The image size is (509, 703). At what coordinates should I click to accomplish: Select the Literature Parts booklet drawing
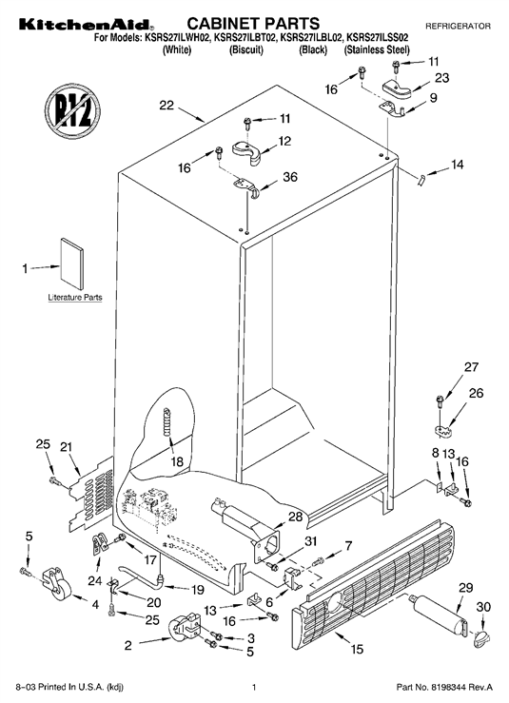tap(71, 264)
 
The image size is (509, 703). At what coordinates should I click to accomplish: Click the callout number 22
tap(166, 106)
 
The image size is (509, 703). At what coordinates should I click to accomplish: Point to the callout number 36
tap(290, 177)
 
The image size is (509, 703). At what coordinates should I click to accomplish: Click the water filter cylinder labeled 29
tap(439, 615)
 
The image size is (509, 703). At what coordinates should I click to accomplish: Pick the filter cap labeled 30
tap(481, 638)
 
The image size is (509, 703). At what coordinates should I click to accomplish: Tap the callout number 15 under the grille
tap(357, 649)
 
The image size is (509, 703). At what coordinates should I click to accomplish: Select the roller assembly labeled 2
tap(185, 626)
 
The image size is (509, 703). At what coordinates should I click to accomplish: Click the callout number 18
tap(177, 460)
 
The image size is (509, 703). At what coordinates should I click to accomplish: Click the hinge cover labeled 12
tap(247, 151)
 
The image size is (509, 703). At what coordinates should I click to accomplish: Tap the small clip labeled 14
tap(421, 180)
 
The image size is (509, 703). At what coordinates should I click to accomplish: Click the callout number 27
tap(471, 367)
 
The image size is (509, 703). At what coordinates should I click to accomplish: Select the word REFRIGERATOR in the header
tap(458, 27)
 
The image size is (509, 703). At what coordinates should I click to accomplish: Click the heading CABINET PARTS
tap(253, 24)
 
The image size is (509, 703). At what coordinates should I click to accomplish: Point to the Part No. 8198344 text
tap(444, 687)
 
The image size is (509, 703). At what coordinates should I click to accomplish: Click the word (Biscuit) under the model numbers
tap(246, 49)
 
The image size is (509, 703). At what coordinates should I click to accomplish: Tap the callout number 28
tap(296, 517)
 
